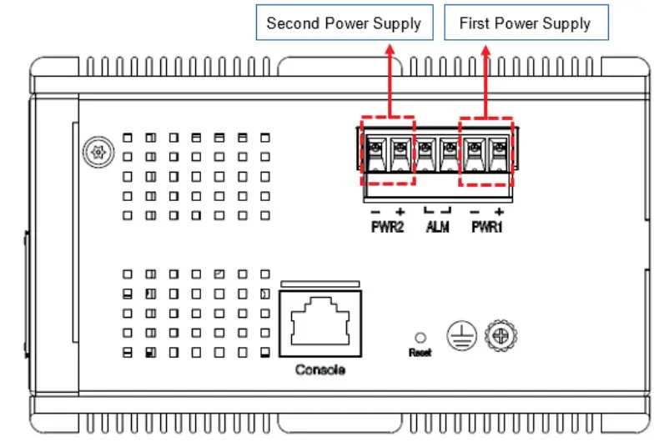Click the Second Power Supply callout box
344,23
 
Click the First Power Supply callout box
525,23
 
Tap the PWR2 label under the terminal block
387,227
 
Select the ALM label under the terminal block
436,227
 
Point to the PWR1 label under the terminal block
486,227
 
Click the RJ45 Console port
320,322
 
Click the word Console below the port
320,369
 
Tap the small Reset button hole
420,338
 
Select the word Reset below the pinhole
420,353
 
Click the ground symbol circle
460,335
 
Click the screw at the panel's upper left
97,153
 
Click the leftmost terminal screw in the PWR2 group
375,149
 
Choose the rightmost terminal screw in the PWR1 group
499,149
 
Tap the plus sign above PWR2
400,212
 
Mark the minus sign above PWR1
474,212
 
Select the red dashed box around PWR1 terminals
486,152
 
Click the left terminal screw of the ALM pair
425,149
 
